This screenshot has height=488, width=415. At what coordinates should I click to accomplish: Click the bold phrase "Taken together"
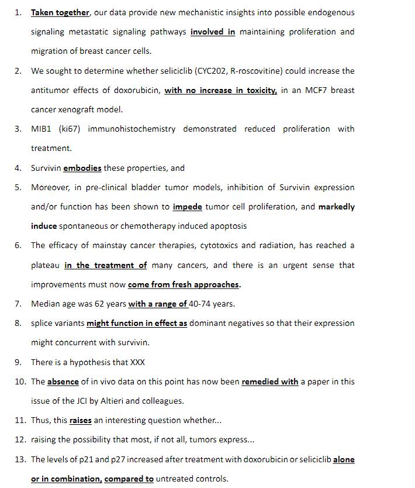tap(60, 12)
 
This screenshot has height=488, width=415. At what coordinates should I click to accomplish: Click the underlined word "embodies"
tap(82, 168)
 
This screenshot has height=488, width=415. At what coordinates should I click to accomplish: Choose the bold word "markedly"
tap(336, 207)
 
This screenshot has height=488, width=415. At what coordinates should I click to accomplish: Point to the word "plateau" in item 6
tap(46, 265)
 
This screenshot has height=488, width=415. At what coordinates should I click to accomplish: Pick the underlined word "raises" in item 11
tap(81, 420)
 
